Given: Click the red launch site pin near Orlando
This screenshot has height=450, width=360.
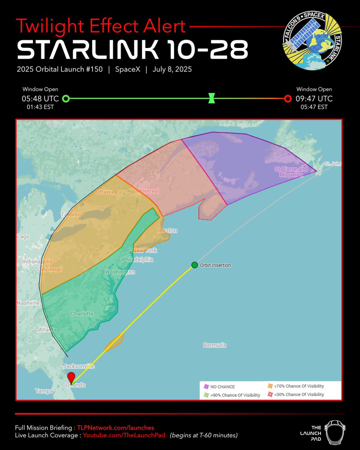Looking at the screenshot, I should coord(71,377).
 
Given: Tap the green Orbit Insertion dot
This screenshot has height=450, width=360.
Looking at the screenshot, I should coord(194,265).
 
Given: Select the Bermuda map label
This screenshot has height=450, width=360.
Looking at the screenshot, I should coord(214,345).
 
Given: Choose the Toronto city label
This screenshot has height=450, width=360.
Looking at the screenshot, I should coord(71,214).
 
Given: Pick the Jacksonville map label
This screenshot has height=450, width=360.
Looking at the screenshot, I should coord(79,366).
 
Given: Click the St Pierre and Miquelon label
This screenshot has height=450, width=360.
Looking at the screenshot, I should coord(291,172).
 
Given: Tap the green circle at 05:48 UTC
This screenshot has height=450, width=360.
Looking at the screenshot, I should coord(66,99).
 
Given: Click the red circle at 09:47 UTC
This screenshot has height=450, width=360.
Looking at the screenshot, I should coord(288,99).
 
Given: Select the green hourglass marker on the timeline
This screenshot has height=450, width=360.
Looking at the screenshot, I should coord(211,99).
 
